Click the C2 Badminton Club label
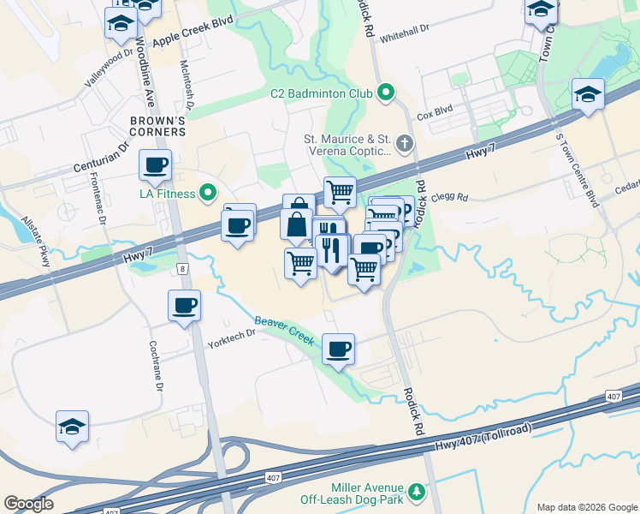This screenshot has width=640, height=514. coord(322,93)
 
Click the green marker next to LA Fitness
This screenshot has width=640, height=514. coord(208,194)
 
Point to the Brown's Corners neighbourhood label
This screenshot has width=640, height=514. coord(157,126)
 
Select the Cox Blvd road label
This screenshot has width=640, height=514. coord(434,113)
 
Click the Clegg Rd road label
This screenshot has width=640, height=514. coord(450,197)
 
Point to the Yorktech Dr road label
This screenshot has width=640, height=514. coord(232,339)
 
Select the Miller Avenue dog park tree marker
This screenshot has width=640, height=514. coord(417,492)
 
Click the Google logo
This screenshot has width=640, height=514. coord(28,504)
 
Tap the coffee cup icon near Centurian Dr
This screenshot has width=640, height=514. coord(155,165)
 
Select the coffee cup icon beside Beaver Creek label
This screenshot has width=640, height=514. coord(339,349)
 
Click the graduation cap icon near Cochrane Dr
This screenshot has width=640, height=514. coord(73,426)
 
